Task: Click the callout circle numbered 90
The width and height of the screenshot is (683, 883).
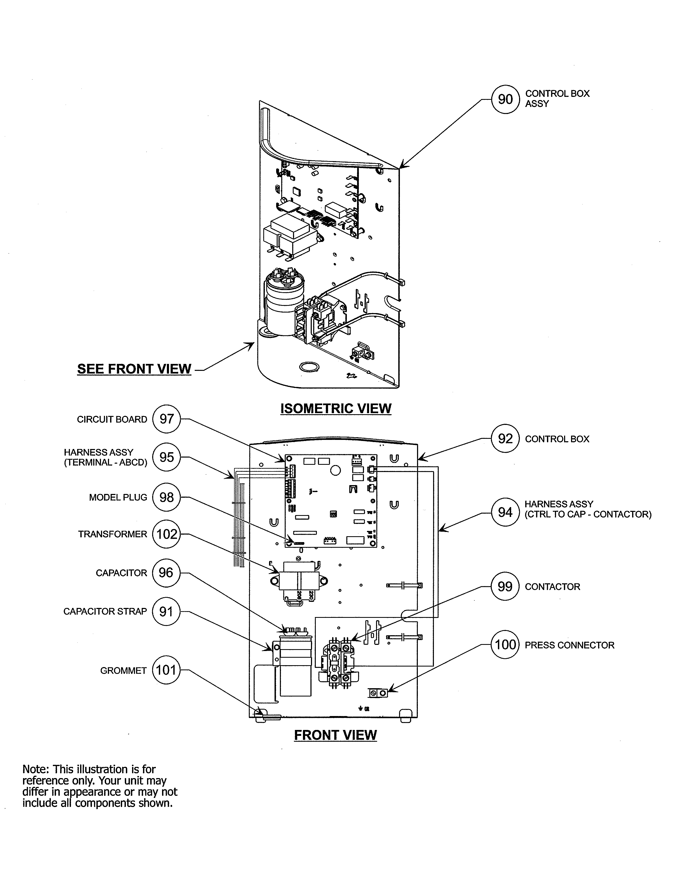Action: click(505, 100)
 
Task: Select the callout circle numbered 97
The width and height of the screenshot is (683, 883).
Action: click(166, 419)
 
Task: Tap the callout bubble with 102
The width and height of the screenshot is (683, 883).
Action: click(166, 535)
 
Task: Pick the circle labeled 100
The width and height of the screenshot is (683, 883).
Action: click(505, 645)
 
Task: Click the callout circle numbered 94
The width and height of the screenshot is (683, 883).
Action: click(505, 512)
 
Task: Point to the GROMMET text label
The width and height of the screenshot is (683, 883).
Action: click(123, 671)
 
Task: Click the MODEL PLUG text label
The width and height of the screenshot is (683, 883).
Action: click(118, 498)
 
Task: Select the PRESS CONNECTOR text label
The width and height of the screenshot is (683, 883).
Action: click(569, 645)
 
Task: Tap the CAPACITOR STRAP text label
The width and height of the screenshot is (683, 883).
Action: click(105, 612)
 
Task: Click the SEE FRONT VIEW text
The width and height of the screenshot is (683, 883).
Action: click(134, 369)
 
